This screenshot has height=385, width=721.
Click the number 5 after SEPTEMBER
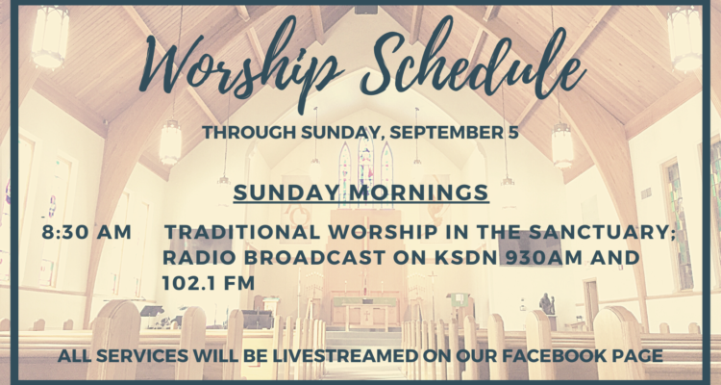coord(511,133)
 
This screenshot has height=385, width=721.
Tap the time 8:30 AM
coord(87,232)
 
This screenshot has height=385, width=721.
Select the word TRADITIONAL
coord(243,232)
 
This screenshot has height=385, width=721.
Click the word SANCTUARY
coord(601,232)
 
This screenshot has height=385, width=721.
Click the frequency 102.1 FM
coord(209,283)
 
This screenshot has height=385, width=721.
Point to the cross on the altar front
coord(366,317)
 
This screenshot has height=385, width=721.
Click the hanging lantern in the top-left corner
coord(50,37)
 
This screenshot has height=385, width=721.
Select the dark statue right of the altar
coord(546,304)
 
